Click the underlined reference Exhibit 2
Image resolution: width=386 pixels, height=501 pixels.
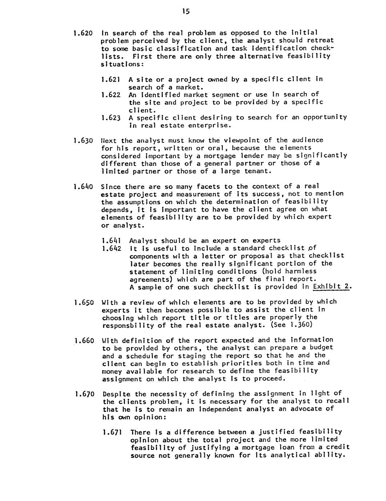tap(332, 287)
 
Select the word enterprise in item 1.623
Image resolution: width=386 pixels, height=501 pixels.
tap(211, 126)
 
